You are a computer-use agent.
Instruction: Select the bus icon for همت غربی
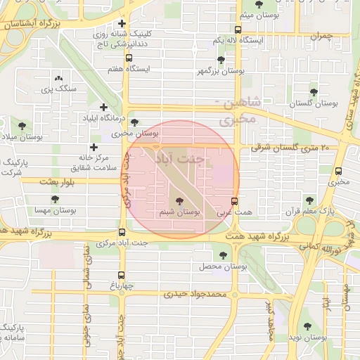[x=234, y=201]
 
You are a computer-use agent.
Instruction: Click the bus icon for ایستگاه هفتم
[x=128, y=58]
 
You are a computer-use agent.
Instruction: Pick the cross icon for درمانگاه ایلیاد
[x=104, y=108]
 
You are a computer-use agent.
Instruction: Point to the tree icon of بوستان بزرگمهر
[x=221, y=60]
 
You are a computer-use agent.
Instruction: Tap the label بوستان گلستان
[x=314, y=103]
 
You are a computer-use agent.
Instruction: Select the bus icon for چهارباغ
[x=122, y=275]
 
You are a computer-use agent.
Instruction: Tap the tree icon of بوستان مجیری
[x=134, y=122]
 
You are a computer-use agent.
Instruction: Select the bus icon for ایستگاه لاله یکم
[x=238, y=30]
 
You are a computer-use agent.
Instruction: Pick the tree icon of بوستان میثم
[x=259, y=5]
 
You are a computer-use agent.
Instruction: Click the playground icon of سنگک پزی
[x=58, y=79]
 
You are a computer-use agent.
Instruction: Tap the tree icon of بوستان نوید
[x=307, y=326]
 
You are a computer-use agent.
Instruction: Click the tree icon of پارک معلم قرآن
[x=310, y=200]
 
